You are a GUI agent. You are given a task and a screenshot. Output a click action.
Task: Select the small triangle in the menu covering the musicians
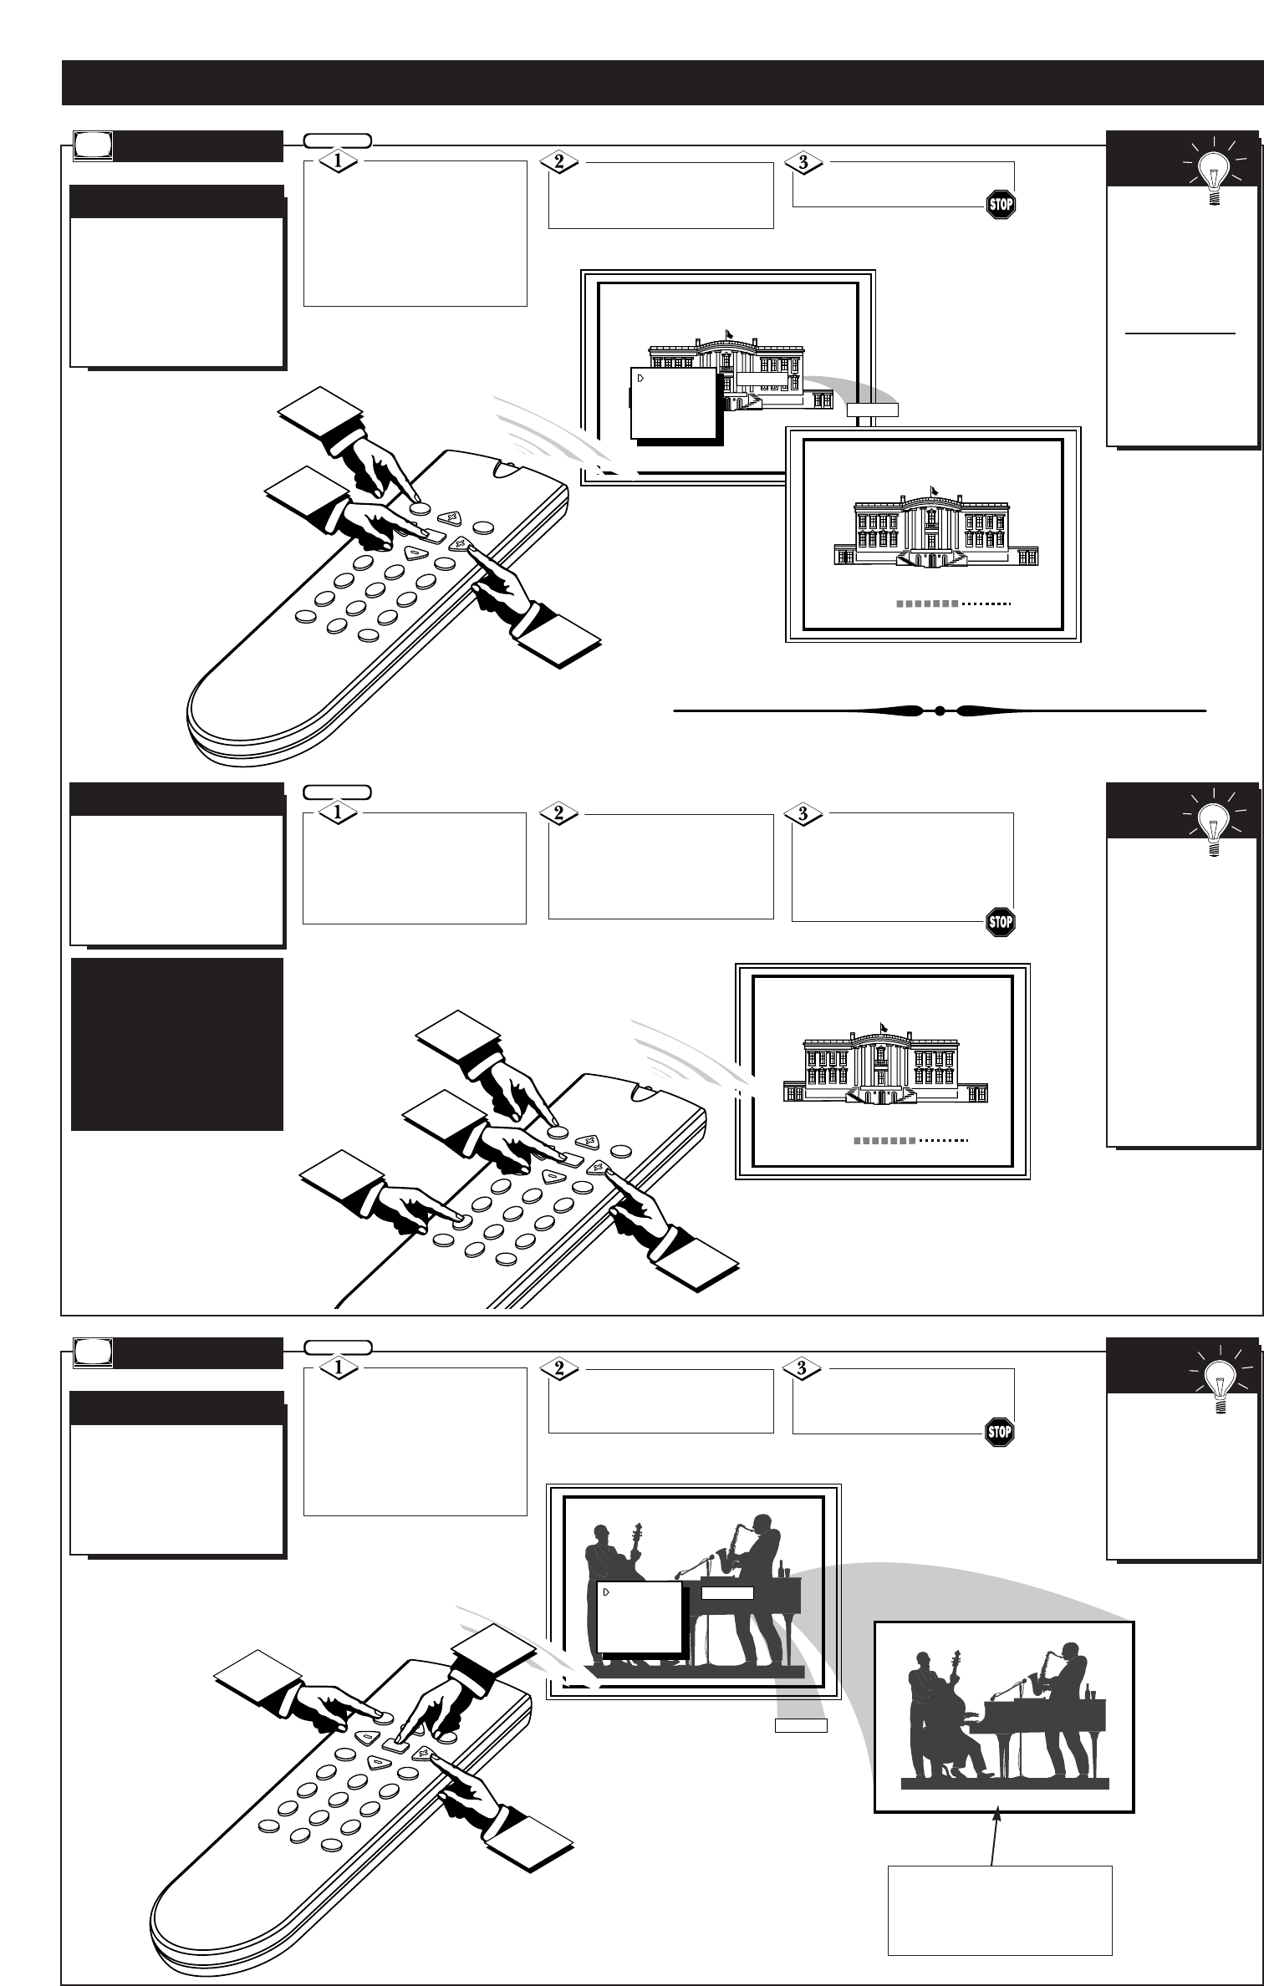pos(605,1593)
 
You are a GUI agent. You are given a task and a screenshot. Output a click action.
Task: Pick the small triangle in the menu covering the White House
pos(640,378)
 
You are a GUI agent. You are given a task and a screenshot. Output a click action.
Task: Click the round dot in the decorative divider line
pos(939,711)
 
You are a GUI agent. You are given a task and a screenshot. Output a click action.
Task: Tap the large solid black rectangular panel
pos(176,1044)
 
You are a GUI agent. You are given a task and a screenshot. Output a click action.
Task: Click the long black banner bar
pos(660,83)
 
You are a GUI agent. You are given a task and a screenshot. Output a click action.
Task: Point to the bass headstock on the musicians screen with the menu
pos(639,1529)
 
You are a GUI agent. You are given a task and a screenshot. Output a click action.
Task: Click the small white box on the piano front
pos(727,1593)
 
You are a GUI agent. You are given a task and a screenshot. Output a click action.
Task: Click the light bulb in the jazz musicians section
pos(1218,1383)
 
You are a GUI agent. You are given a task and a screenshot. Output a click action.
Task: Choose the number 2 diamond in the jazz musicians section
pos(559,1367)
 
